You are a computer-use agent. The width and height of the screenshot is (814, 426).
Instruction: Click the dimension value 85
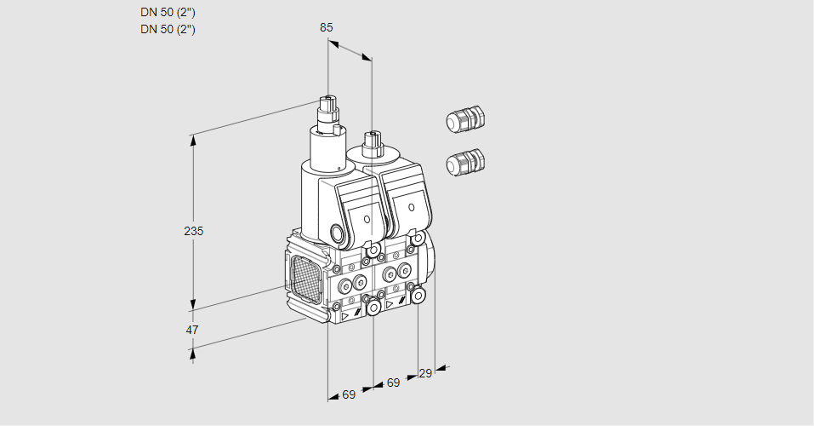click(327, 27)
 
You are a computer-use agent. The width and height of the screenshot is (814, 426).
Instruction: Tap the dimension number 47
click(192, 330)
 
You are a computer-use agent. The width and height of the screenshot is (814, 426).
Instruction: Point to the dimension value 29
click(425, 373)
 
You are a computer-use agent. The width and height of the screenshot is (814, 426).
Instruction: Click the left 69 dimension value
click(349, 394)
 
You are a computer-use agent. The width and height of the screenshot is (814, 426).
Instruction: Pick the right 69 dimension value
click(393, 383)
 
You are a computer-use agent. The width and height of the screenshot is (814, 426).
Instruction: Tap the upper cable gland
click(464, 119)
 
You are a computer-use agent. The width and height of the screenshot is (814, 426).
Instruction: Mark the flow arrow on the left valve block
click(346, 315)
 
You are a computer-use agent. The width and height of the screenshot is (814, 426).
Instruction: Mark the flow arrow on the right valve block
click(390, 304)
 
